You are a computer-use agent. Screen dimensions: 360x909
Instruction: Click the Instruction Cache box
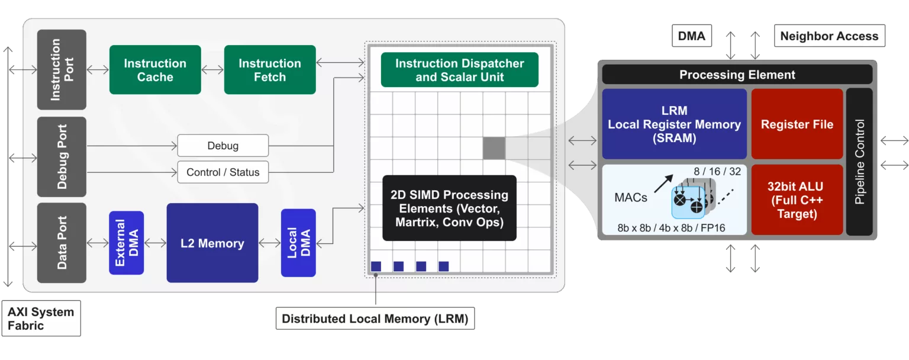point(155,70)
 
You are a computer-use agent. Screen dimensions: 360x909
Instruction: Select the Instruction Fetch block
point(269,70)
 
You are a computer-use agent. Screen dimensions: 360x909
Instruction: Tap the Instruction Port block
point(62,70)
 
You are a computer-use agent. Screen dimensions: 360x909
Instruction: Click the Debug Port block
point(62,157)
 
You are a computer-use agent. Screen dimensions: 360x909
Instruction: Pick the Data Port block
point(62,243)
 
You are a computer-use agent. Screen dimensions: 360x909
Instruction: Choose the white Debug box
point(223,146)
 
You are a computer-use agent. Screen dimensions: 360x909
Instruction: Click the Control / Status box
point(223,172)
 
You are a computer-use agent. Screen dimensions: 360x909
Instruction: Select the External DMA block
point(126,243)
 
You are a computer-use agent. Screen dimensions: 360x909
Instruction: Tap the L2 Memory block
point(212,243)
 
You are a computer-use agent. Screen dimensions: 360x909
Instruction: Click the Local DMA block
point(298,243)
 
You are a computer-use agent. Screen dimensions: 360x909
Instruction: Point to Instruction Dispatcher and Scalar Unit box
point(459,70)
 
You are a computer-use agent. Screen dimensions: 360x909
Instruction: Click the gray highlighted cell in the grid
point(494,148)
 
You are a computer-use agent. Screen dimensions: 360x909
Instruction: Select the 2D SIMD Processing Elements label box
point(449,208)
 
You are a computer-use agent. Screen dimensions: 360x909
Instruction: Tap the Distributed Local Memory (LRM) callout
point(375,319)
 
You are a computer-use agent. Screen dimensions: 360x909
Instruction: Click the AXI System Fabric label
point(41,319)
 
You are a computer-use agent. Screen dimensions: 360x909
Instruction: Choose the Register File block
point(797,124)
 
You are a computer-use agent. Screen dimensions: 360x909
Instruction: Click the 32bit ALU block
point(797,200)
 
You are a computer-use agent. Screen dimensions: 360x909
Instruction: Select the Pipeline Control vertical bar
point(859,162)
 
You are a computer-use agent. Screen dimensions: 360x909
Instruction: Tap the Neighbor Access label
point(829,36)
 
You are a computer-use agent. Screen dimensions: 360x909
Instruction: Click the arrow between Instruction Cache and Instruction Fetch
point(212,70)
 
